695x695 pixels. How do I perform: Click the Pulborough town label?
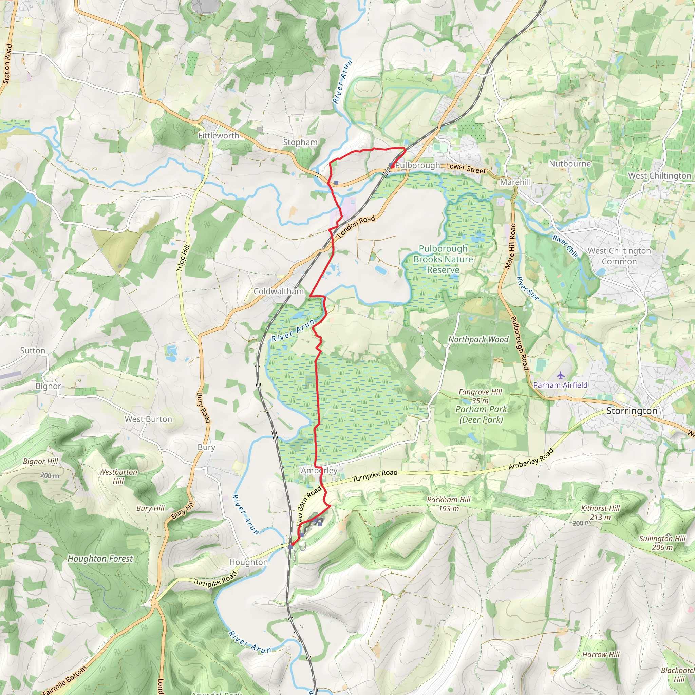[x=418, y=165]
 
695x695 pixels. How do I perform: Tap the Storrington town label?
[x=631, y=411]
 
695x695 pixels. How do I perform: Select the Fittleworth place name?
[x=218, y=136]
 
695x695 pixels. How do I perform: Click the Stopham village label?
[x=300, y=142]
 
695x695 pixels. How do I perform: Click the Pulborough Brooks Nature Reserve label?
[x=443, y=259]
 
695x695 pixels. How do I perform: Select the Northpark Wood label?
[x=478, y=339]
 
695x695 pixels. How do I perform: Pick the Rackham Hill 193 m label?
[x=449, y=504]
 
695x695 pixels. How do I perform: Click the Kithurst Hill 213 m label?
[x=600, y=513]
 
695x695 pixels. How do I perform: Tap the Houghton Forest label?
[x=100, y=559]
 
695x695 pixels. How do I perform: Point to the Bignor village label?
[x=48, y=386]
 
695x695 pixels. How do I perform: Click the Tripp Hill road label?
[x=183, y=258]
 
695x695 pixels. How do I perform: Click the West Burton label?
[x=148, y=419]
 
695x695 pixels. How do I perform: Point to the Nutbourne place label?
[x=570, y=164]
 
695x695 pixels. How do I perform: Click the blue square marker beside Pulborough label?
[x=391, y=165]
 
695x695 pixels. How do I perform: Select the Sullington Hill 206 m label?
[x=662, y=543]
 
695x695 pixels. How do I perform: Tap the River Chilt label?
[x=565, y=247]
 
